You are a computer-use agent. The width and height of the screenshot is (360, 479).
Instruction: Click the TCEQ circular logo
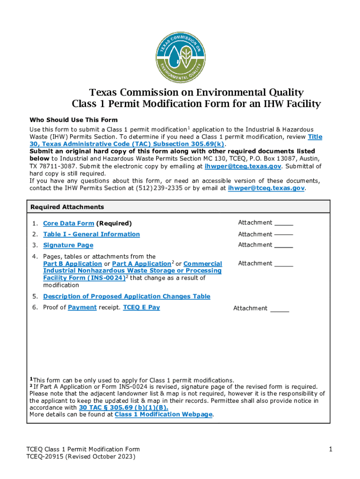pos(180,57)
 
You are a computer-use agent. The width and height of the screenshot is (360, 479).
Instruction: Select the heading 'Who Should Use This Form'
pos(73,120)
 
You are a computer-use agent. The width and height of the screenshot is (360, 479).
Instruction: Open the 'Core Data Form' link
pos(68,224)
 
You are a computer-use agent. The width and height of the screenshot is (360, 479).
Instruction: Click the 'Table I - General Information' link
pos(91,234)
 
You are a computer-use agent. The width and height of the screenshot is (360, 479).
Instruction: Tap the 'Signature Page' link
pos(68,245)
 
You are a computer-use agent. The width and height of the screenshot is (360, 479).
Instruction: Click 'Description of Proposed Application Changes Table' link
pos(126,297)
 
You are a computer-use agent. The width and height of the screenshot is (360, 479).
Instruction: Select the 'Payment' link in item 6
pos(82,307)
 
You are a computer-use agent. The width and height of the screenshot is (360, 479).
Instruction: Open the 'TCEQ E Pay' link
pos(141,307)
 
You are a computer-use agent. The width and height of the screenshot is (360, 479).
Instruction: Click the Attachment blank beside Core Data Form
pos(283,223)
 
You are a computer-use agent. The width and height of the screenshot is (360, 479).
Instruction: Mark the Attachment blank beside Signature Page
pos(283,245)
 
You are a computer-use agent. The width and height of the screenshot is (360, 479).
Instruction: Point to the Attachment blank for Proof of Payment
pos(280,308)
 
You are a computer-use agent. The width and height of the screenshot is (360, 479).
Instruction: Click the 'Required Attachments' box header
pos(67,207)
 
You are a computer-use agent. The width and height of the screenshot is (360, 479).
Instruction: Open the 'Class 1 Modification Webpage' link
pos(164,414)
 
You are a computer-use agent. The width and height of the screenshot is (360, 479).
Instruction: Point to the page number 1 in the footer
pos(330,450)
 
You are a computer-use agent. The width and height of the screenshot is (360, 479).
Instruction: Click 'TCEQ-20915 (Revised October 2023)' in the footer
pos(80,456)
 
